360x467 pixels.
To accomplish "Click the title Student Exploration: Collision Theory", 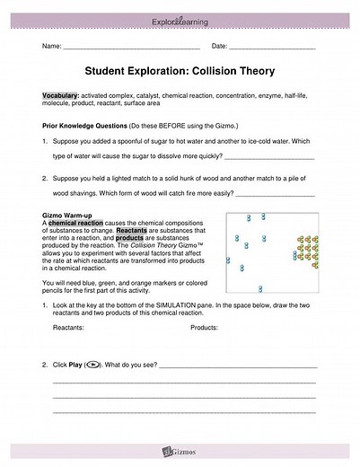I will click(x=180, y=70).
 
